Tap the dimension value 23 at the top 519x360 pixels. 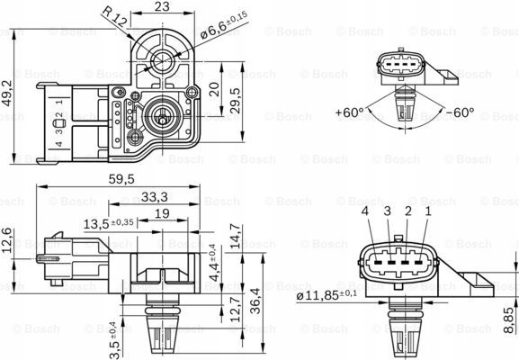click(x=163, y=7)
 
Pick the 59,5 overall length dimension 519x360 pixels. click(x=122, y=180)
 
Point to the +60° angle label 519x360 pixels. click(x=349, y=113)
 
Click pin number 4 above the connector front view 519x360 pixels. click(x=365, y=211)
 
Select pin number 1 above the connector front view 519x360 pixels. click(x=426, y=211)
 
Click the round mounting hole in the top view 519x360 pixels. click(x=163, y=62)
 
